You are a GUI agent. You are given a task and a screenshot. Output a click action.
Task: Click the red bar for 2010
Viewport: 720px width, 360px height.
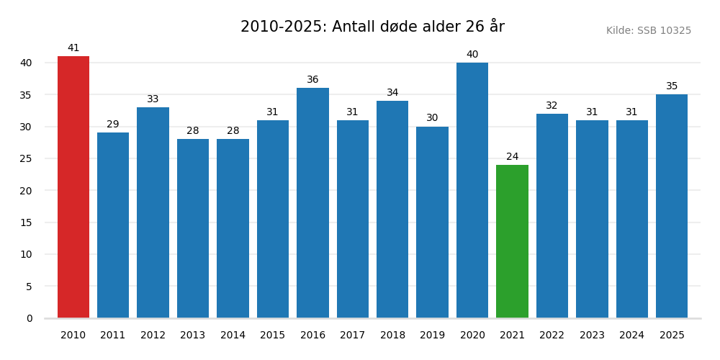(73, 187)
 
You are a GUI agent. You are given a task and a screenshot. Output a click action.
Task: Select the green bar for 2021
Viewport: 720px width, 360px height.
(512, 241)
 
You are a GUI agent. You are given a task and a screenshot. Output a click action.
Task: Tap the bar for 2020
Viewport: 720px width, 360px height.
(472, 190)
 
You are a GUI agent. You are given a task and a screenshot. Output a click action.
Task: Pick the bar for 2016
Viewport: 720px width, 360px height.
(312, 203)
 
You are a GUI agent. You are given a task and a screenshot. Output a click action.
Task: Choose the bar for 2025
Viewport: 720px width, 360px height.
(672, 206)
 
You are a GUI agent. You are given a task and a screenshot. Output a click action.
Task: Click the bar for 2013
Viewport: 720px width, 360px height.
(193, 228)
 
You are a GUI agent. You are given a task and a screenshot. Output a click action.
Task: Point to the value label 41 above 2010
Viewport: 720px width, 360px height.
(73, 48)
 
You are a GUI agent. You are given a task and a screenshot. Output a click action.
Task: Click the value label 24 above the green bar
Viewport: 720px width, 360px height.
(512, 157)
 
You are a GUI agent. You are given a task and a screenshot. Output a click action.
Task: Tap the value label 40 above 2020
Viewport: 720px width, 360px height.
(472, 55)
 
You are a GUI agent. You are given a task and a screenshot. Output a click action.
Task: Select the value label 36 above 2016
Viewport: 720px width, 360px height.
(312, 80)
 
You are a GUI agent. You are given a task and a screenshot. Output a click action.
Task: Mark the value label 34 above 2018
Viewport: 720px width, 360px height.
(392, 93)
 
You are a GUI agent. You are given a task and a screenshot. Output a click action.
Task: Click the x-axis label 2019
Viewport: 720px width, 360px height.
(432, 336)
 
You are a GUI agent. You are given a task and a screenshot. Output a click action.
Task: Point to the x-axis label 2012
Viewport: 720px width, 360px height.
(153, 336)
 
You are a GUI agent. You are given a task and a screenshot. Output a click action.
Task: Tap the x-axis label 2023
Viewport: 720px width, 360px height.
(592, 336)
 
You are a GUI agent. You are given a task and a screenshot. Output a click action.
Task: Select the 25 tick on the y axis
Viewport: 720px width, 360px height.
(25, 158)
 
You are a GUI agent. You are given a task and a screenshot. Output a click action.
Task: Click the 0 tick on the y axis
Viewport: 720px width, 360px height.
(30, 318)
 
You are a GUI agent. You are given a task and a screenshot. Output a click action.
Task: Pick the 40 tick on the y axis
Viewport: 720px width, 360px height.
(25, 63)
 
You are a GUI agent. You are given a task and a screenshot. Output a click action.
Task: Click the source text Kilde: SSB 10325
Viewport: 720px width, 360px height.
(648, 31)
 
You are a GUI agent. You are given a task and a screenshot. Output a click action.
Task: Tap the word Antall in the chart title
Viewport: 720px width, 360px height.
(354, 27)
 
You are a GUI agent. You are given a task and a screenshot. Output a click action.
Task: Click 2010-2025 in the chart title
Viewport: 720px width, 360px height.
(283, 27)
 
